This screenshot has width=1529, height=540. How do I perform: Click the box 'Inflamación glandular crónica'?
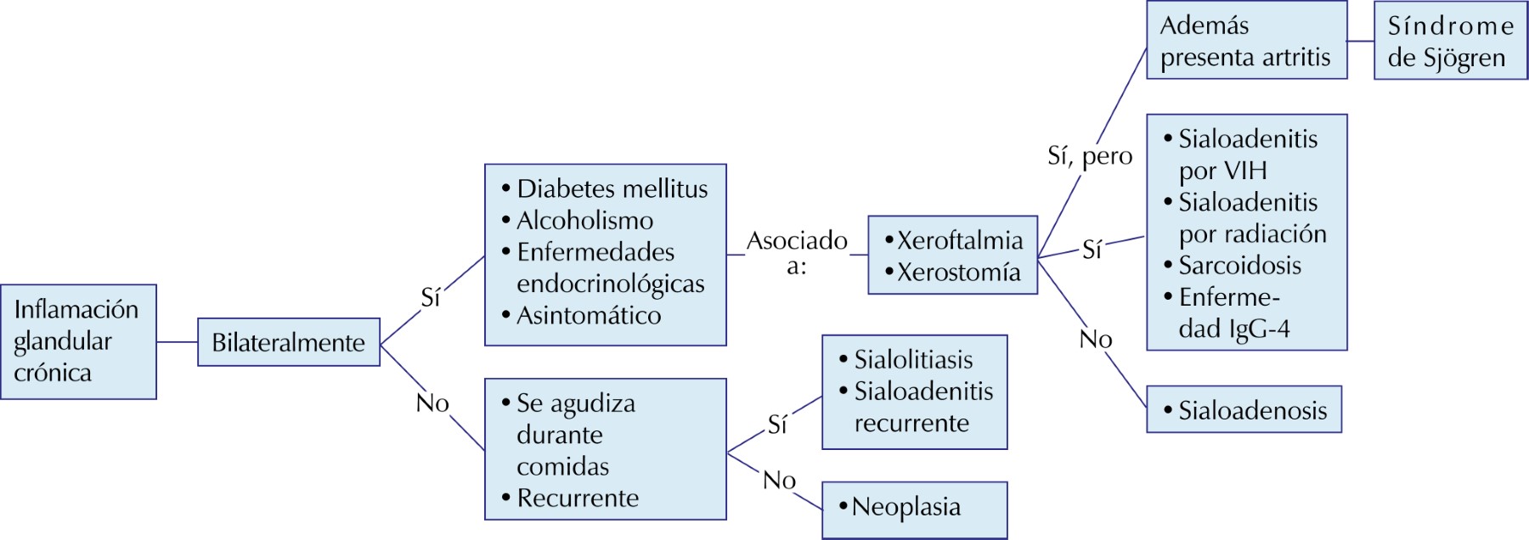pyautogui.click(x=78, y=341)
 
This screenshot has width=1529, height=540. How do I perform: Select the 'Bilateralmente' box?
pyautogui.click(x=289, y=342)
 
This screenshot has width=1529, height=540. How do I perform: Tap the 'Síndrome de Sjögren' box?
pyautogui.click(x=1450, y=41)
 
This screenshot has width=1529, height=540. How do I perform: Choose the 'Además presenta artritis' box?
pyautogui.click(x=1246, y=41)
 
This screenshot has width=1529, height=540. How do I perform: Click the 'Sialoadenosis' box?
pyautogui.click(x=1244, y=410)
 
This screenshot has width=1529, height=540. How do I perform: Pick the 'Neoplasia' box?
pyautogui.click(x=914, y=508)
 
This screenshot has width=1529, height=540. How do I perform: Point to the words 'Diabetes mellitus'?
pyautogui.click(x=612, y=188)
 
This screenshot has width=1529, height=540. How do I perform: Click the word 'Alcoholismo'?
pyautogui.click(x=585, y=221)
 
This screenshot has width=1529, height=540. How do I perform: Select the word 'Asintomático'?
pyautogui.click(x=589, y=316)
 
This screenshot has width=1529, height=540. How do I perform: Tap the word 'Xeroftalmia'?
pyautogui.click(x=960, y=240)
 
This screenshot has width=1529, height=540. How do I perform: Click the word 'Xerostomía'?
pyautogui.click(x=959, y=273)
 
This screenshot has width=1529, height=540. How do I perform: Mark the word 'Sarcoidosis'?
pyautogui.click(x=1239, y=266)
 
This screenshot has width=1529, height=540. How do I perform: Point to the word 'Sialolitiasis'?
pyautogui.click(x=913, y=360)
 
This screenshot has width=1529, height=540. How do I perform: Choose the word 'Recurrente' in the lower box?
pyautogui.click(x=578, y=498)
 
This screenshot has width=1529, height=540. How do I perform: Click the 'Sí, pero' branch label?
pyautogui.click(x=1090, y=156)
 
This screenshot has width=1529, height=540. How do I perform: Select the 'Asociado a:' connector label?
pyautogui.click(x=797, y=252)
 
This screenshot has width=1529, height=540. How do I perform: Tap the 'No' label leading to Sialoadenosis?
pyautogui.click(x=1096, y=340)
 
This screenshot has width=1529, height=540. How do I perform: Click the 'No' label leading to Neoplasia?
pyautogui.click(x=779, y=481)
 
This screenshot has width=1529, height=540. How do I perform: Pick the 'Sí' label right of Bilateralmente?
pyautogui.click(x=431, y=297)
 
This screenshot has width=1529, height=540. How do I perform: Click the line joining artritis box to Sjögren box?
pyautogui.click(x=1361, y=41)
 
